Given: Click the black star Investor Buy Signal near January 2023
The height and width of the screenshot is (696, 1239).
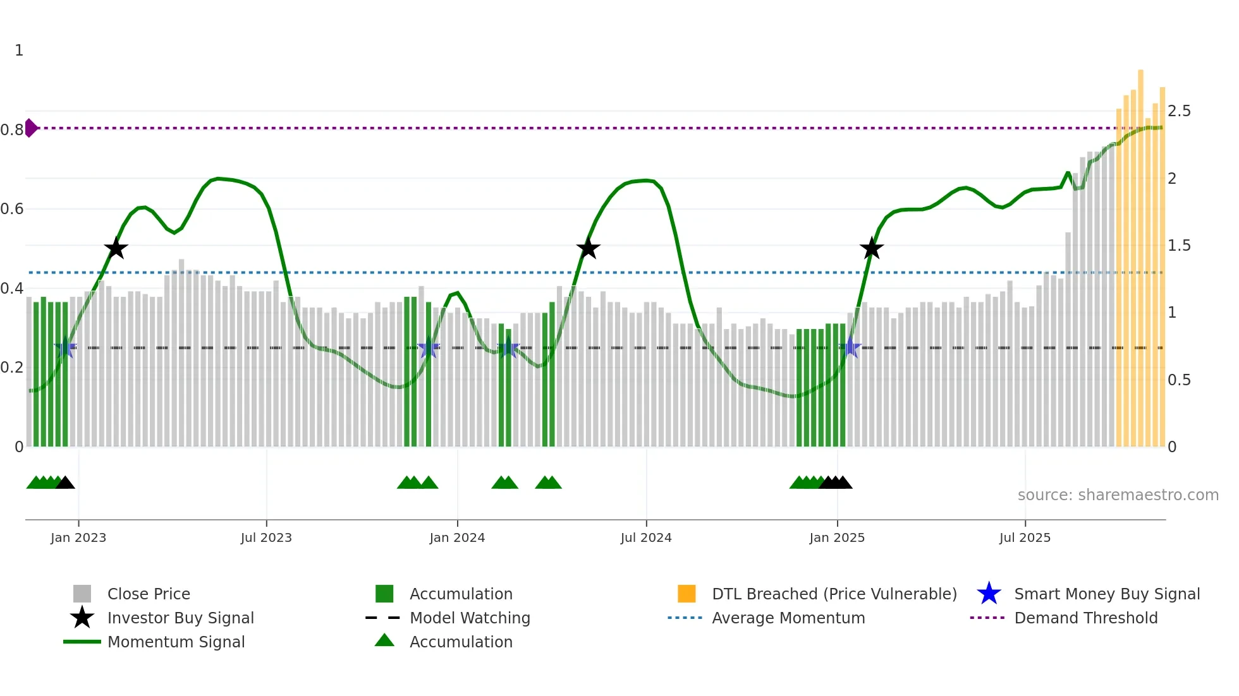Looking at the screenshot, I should (116, 248).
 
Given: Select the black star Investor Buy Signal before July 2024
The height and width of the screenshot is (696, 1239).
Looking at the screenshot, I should (588, 248).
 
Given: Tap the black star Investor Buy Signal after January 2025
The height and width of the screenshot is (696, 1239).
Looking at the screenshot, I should (872, 248).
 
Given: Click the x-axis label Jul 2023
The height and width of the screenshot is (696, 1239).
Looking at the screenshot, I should (266, 537).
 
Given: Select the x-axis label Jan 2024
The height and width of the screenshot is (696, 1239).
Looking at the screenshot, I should (457, 537).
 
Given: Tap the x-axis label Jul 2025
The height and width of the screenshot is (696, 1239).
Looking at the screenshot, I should (1025, 537).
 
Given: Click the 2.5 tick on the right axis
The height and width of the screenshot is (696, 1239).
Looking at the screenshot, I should (1179, 111).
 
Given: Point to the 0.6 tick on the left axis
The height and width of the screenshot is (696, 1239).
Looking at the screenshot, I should (13, 209).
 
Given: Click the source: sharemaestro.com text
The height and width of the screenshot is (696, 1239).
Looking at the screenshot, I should (1118, 495).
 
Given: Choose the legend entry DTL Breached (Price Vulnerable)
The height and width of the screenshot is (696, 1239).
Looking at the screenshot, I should (834, 594).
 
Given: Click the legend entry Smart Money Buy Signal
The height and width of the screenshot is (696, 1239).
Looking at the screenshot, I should (1106, 594).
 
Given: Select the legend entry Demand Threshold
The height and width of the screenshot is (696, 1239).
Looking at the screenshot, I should (1085, 618).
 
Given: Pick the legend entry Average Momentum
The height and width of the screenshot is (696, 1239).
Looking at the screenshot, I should (788, 618).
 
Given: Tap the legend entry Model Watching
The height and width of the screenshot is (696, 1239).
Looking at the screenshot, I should (469, 618).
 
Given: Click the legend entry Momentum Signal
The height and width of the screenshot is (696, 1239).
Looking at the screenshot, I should (175, 642).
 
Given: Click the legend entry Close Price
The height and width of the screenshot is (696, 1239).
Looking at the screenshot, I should (148, 594).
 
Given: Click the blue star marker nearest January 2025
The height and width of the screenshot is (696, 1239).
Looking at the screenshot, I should (851, 347).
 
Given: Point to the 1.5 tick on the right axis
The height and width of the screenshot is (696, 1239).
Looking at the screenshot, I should (1179, 246).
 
